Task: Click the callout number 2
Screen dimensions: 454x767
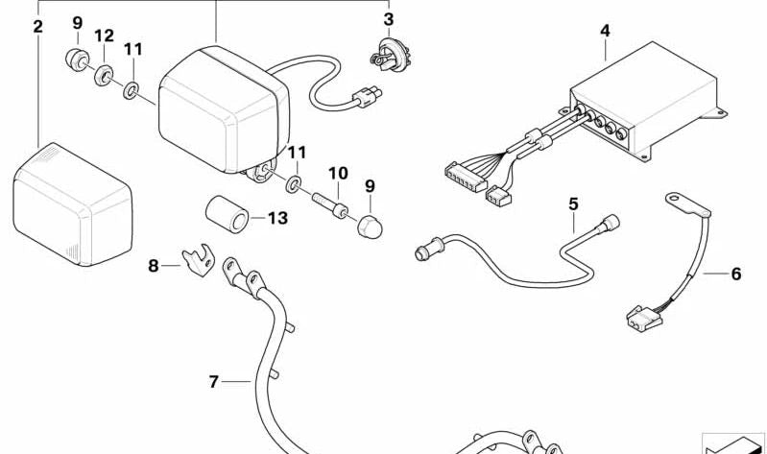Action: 37,26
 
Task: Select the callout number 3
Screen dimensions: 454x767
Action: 388,18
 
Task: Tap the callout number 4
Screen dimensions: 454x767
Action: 605,31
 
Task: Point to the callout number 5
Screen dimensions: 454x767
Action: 573,203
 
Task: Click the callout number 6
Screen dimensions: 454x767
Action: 736,274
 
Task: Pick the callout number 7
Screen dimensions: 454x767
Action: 214,382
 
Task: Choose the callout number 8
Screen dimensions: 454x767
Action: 154,266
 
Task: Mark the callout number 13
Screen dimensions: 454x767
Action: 276,219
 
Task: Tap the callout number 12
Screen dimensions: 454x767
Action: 104,36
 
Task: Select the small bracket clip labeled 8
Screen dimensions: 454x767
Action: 198,260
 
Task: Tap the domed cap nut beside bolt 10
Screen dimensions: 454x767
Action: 370,227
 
